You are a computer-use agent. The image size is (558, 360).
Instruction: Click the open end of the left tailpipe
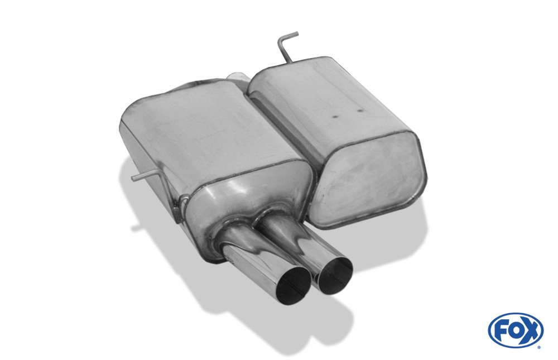click(x=294, y=284)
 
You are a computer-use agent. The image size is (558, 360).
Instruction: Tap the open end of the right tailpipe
click(x=335, y=276)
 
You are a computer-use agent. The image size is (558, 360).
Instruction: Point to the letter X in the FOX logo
click(x=530, y=331)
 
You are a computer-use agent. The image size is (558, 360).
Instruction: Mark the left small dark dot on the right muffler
click(x=335, y=116)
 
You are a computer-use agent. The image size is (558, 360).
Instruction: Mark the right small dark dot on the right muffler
click(x=359, y=110)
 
